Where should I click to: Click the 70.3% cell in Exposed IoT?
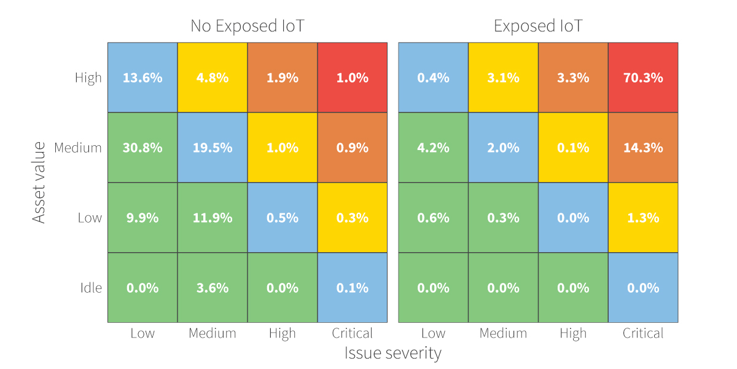tap(643, 77)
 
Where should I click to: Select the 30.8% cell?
tap(142, 148)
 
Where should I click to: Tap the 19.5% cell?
tap(213, 148)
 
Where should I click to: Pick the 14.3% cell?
tap(643, 148)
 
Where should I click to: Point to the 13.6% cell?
tap(142, 77)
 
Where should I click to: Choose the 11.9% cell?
tap(213, 218)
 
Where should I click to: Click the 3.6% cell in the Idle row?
tap(213, 288)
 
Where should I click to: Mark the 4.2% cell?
tap(433, 148)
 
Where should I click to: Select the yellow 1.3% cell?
tap(643, 218)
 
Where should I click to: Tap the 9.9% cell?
tap(142, 218)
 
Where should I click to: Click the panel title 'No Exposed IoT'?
tap(247, 26)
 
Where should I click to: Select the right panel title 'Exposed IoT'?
tap(538, 26)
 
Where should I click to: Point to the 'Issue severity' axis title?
tap(392, 353)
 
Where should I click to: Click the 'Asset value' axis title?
tap(39, 183)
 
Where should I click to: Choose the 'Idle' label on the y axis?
tap(90, 288)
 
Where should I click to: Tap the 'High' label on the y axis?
tap(88, 78)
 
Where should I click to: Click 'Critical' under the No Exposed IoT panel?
tap(352, 333)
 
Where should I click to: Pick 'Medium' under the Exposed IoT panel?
tap(503, 333)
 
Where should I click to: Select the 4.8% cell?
tap(213, 77)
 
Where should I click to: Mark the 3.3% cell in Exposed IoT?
tap(573, 77)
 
